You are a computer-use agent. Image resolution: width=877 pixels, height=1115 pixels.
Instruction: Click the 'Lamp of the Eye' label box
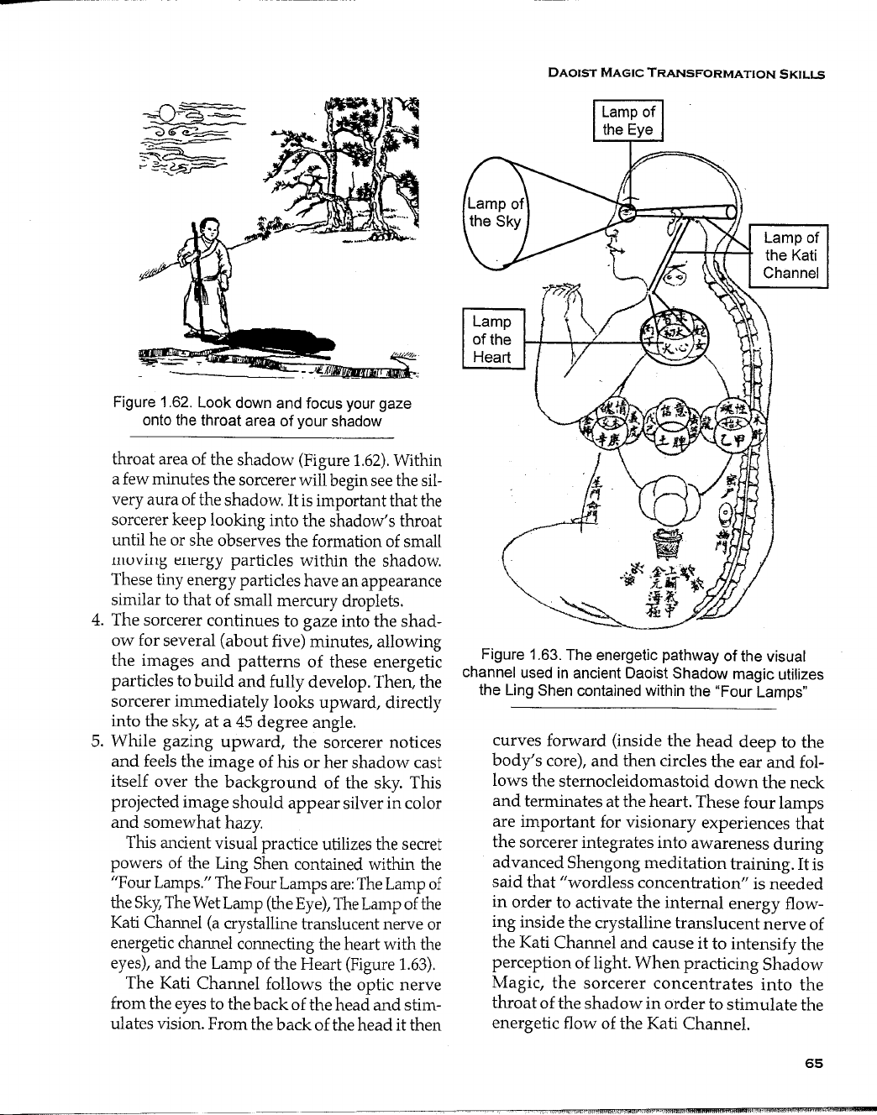click(628, 120)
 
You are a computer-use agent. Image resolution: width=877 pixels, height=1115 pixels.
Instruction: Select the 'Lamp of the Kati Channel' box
click(790, 255)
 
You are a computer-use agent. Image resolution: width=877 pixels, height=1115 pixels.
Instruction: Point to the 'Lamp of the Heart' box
click(493, 339)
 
